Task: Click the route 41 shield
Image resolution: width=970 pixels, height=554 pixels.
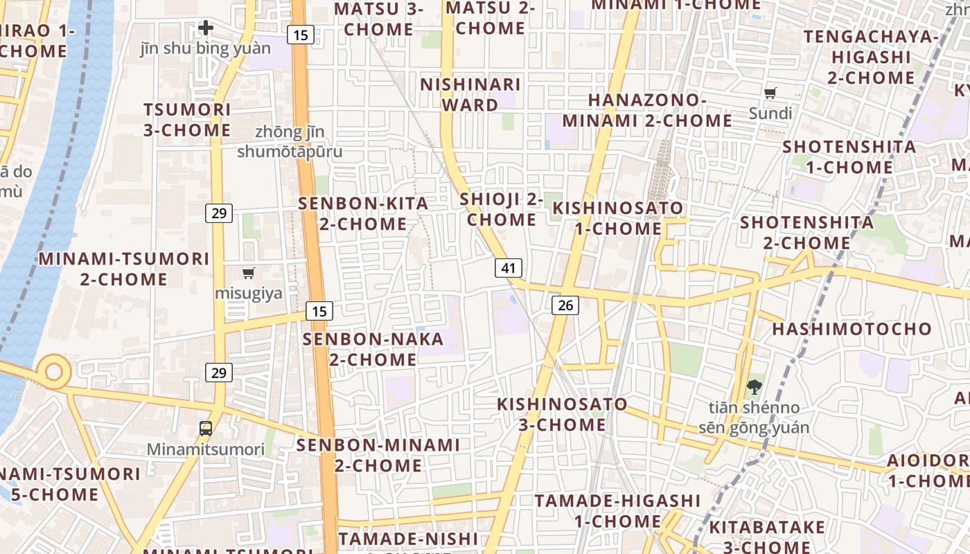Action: pos(509,268)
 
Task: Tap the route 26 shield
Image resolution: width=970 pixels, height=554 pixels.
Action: pos(565,305)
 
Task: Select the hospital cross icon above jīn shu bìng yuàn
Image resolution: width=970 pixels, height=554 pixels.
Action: pos(206,28)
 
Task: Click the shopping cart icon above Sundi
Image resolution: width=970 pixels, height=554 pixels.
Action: pos(770,93)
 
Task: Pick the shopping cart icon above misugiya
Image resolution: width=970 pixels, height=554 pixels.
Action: pos(249,273)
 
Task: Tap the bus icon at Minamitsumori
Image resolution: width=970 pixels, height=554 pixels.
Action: pos(206,428)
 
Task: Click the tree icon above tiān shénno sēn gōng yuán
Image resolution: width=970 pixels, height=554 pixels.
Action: pos(754,386)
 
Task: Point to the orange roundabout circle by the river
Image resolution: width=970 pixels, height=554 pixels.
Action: pos(53,371)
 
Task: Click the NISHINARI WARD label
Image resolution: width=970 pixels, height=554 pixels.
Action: pos(470,95)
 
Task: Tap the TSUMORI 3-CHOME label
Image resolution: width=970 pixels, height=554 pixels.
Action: pos(187,120)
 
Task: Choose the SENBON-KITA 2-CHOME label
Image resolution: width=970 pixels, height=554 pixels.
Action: pos(363,214)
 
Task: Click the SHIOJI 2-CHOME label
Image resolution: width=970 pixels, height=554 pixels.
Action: pos(501,210)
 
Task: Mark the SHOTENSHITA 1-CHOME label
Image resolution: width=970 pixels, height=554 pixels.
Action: pos(849,157)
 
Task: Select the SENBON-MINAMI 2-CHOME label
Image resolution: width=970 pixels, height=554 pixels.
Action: pos(378,455)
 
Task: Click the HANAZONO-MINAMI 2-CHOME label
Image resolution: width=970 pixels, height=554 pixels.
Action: pos(646,110)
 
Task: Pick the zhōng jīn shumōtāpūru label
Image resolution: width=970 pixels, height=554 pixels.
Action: pos(290,141)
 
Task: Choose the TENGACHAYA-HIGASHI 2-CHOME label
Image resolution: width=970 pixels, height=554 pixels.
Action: pos(871,57)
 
